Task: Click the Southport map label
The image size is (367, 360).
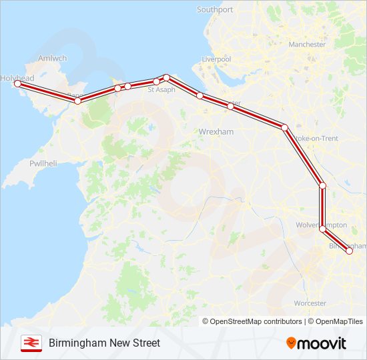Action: [215, 10]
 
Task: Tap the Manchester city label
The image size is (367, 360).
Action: [307, 45]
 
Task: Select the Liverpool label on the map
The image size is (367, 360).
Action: [217, 59]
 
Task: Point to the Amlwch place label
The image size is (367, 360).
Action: [53, 58]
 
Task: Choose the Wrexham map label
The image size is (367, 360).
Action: [216, 132]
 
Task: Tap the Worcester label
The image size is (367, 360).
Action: [310, 303]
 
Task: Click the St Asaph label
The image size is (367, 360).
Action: [161, 89]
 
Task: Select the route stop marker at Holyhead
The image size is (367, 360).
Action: [17, 84]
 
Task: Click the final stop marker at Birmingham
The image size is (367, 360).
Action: [349, 251]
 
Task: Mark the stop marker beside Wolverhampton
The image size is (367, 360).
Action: [323, 229]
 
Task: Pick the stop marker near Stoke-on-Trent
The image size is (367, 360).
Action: [284, 127]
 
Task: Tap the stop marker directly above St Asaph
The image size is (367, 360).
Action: [166, 77]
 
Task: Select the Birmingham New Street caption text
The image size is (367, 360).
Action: [104, 343]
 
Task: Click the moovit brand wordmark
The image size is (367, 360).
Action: [322, 343]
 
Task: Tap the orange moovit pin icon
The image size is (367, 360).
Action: [291, 343]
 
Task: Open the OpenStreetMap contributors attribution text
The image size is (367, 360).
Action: [256, 321]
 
